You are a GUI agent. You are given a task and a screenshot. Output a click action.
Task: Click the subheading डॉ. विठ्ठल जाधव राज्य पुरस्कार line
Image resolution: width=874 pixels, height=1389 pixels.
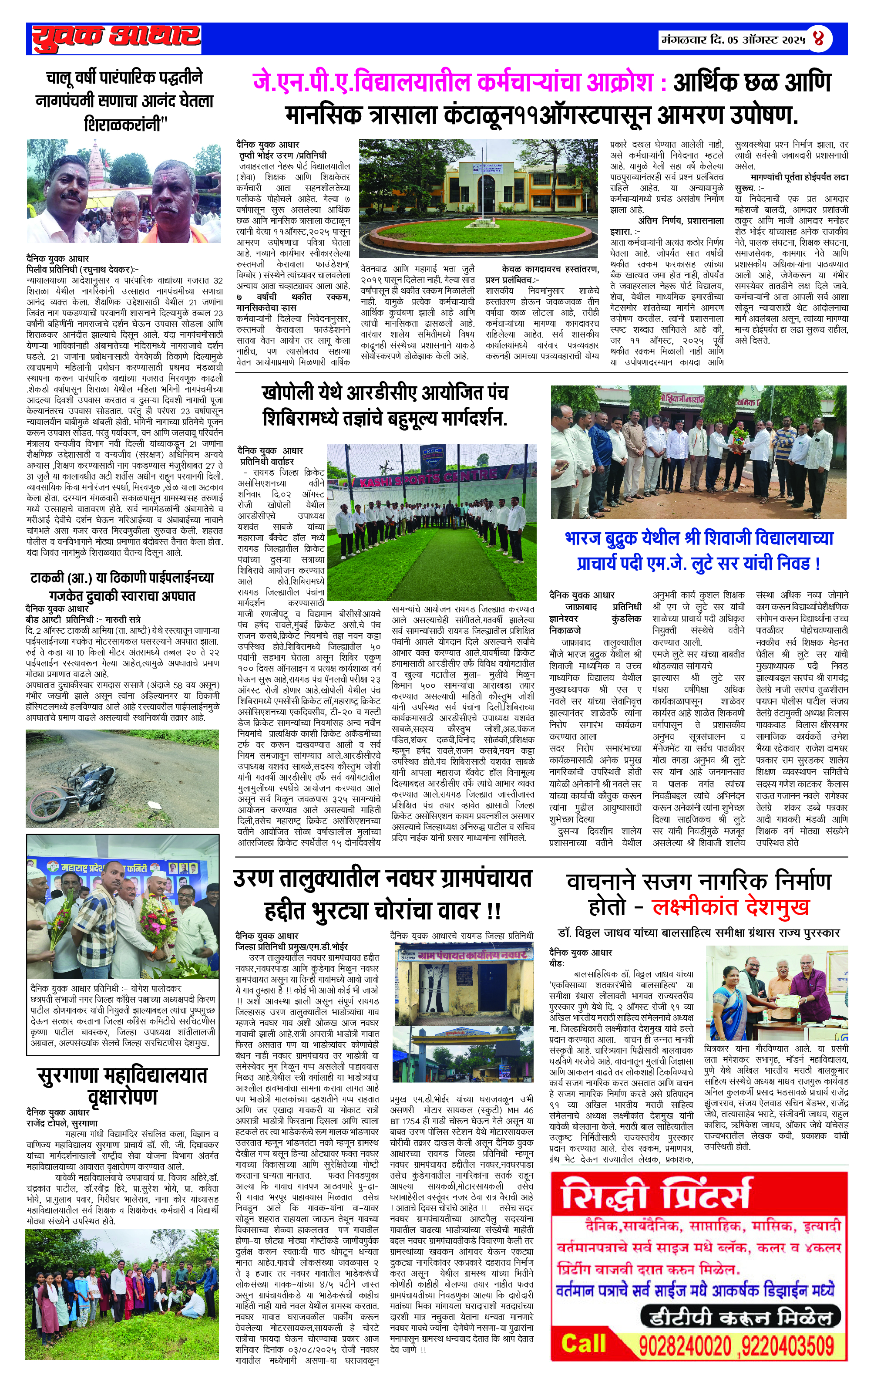coord(699,933)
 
